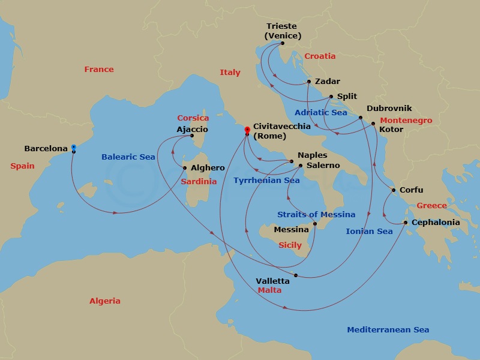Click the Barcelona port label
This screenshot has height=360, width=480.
click(46, 148)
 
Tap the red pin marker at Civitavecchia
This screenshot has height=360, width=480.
click(246, 130)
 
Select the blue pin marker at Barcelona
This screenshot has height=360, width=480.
click(73, 147)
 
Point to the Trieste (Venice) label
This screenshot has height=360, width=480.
click(283, 31)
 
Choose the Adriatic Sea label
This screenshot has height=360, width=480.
click(320, 112)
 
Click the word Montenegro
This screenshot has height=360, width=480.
click(406, 121)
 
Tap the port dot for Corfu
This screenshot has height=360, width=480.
click(393, 191)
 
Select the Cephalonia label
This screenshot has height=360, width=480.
click(436, 223)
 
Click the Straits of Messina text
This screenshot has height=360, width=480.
click(316, 214)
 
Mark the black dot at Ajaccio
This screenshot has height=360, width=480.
click(193, 135)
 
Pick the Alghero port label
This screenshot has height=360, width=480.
click(208, 168)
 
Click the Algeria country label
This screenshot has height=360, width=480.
click(105, 301)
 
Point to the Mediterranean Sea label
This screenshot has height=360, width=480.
click(388, 330)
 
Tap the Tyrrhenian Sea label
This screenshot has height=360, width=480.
click(266, 180)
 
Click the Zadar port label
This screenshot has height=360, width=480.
click(328, 82)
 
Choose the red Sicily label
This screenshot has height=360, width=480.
click(290, 245)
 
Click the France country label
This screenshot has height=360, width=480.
click(99, 70)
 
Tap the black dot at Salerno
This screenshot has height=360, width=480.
click(301, 165)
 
